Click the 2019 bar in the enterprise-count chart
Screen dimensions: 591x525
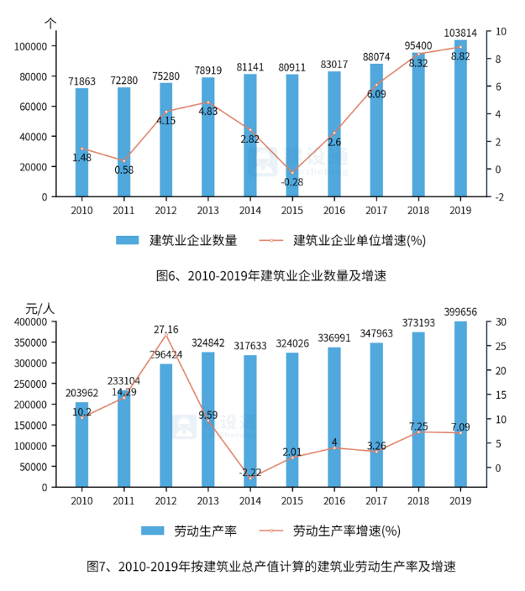[x=460, y=118]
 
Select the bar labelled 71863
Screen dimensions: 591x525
[x=81, y=143]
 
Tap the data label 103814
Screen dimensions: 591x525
[x=460, y=33]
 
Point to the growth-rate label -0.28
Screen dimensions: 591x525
[x=291, y=181]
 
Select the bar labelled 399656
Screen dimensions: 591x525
[x=460, y=403]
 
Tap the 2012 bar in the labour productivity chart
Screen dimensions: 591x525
[x=165, y=425]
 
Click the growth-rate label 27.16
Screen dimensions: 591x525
[x=165, y=329]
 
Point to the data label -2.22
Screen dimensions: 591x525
[x=250, y=473]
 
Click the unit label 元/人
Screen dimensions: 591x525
[x=39, y=308]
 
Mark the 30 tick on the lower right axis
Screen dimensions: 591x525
[x=499, y=322]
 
